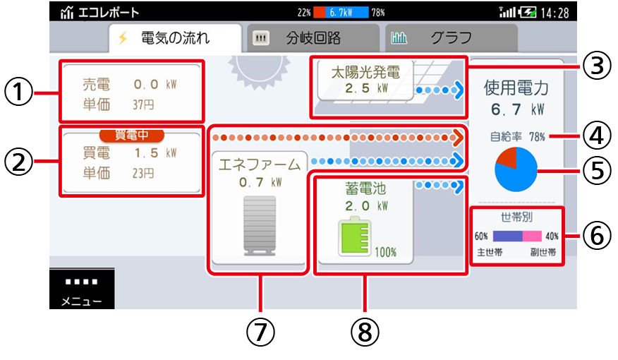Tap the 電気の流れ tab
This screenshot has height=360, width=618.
[x=175, y=38]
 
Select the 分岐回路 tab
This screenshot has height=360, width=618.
[x=313, y=38]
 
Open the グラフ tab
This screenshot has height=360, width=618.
[x=452, y=38]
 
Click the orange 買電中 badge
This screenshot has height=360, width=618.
[x=132, y=136]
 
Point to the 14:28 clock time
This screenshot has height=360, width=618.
[x=555, y=13]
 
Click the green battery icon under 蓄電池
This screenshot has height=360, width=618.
[x=354, y=237]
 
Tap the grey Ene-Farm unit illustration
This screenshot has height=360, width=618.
[x=260, y=226]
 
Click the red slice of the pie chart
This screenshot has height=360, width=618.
[x=506, y=157]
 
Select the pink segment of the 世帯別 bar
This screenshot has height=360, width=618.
[x=532, y=236]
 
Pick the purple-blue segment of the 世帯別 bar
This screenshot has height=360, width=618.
[x=508, y=236]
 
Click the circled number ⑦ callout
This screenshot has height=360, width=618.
[x=260, y=332]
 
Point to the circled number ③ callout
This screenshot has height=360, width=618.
[x=597, y=66]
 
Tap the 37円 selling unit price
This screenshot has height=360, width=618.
[x=143, y=105]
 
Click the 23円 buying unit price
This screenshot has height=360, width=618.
[x=143, y=173]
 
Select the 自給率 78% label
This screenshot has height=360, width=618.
[x=517, y=137]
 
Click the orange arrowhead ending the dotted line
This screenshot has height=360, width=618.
[x=458, y=138]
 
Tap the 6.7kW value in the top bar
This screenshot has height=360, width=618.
[x=341, y=13]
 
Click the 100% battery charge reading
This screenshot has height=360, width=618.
[x=385, y=252]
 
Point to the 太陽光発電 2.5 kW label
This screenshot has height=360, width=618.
[x=365, y=80]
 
